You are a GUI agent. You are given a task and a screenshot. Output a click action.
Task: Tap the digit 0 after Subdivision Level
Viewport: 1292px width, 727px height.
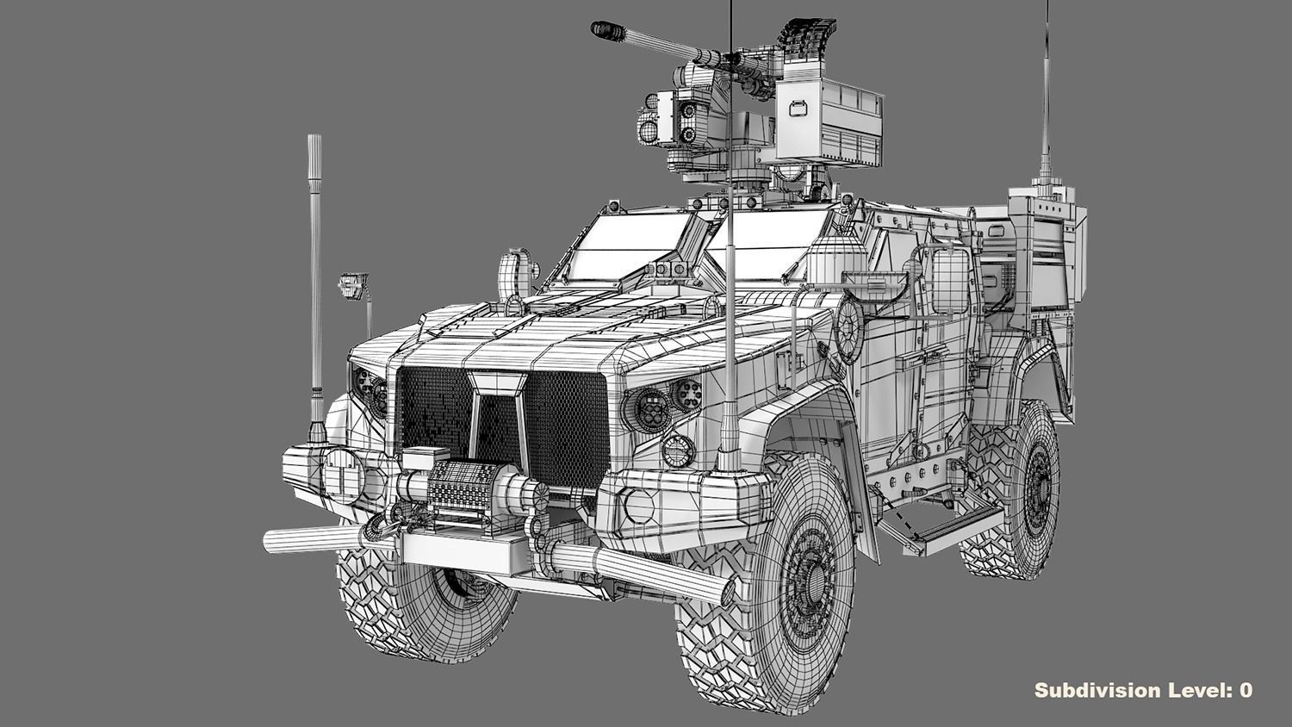(x=1245, y=690)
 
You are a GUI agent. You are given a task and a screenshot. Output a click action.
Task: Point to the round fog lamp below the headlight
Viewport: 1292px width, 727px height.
(x=678, y=450)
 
